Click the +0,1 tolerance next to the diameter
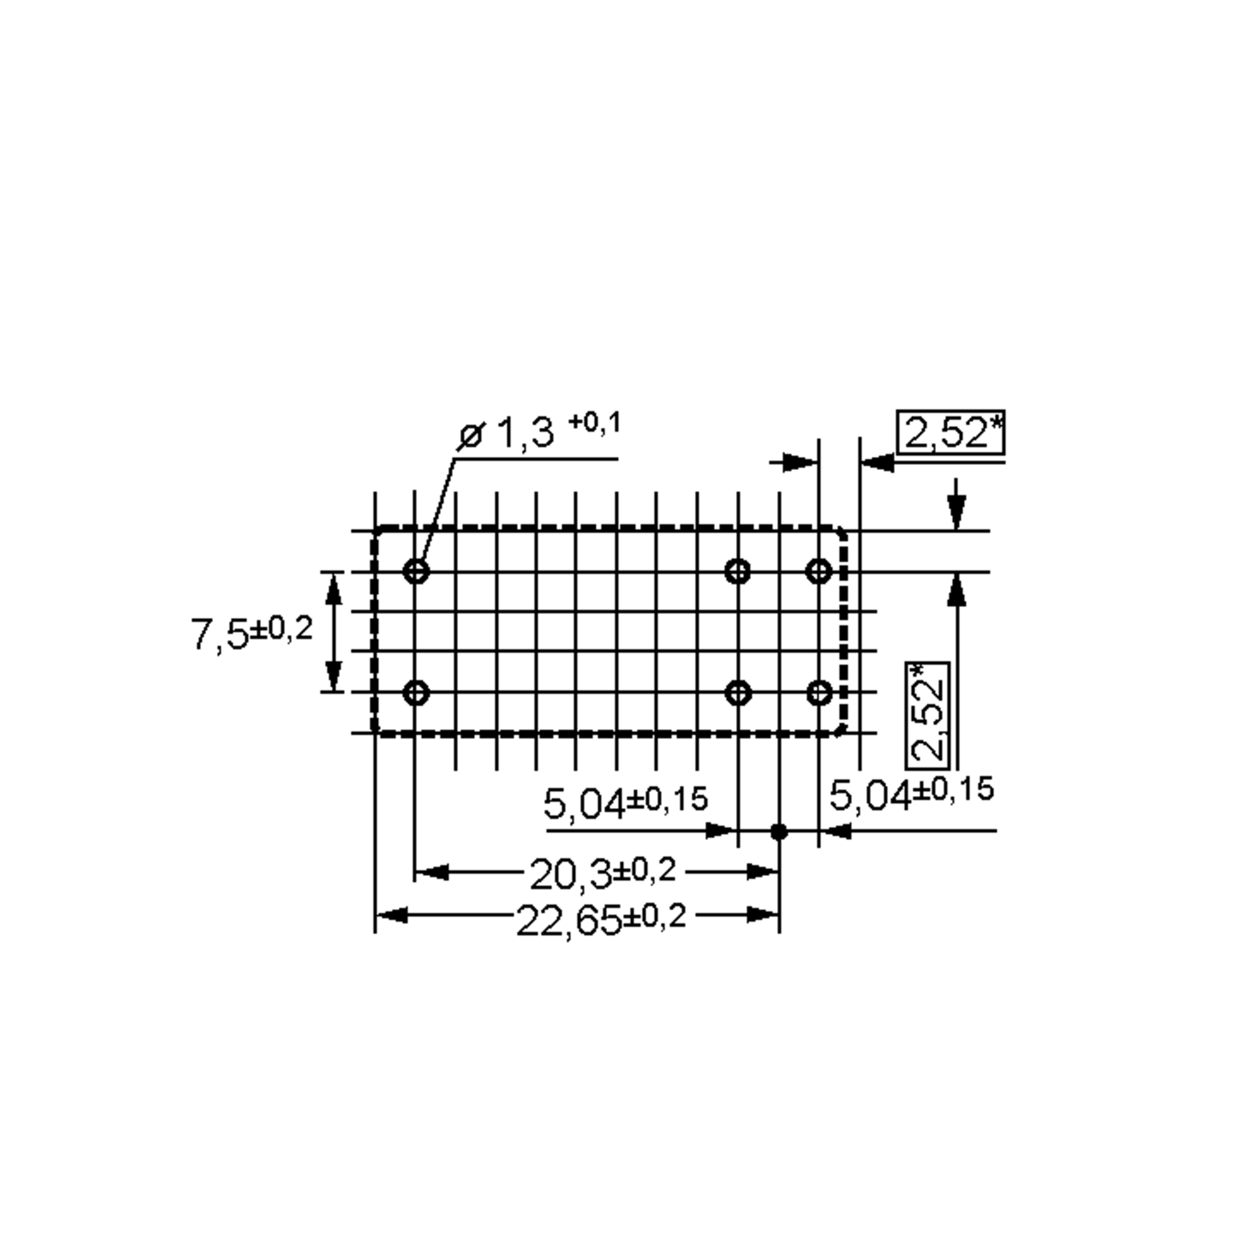pyautogui.click(x=595, y=423)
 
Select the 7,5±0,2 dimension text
pyautogui.click(x=252, y=633)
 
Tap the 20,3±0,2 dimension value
pyautogui.click(x=602, y=873)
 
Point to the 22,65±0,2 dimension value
pyautogui.click(x=600, y=920)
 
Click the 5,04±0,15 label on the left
pyautogui.click(x=625, y=803)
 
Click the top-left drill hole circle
pyautogui.click(x=416, y=572)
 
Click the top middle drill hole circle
pyautogui.click(x=737, y=572)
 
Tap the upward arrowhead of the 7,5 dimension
pyautogui.click(x=333, y=587)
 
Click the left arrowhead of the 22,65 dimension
pyautogui.click(x=392, y=916)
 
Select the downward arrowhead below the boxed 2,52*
pyautogui.click(x=956, y=513)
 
